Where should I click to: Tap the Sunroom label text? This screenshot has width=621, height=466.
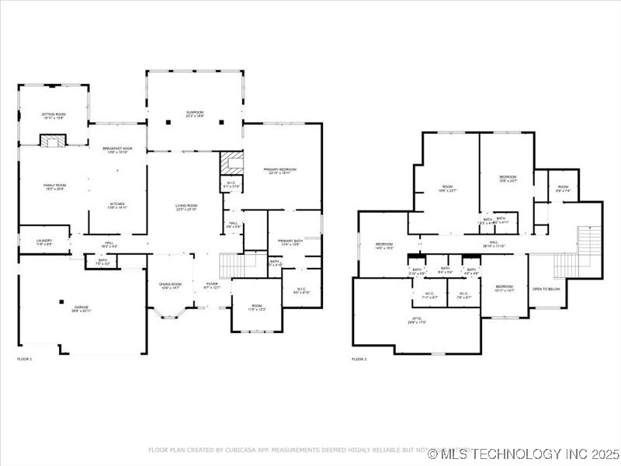(195, 113)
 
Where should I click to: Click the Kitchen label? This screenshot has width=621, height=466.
(118, 206)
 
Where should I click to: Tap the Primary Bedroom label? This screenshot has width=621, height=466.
(279, 171)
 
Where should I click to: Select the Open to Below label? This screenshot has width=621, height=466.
(546, 290)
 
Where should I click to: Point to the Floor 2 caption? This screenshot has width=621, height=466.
(359, 359)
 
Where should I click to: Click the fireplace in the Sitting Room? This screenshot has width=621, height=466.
(54, 141)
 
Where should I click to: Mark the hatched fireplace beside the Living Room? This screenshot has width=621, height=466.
(231, 162)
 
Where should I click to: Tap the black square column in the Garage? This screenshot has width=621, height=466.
(61, 301)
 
